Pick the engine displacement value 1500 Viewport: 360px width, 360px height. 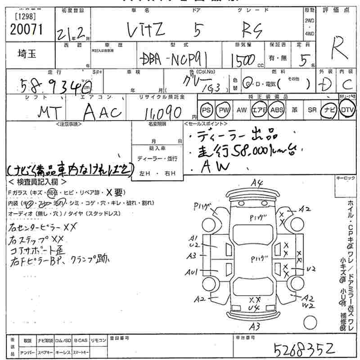243,60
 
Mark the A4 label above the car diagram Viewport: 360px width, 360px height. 257,183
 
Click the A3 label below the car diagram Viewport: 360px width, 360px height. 255,326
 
